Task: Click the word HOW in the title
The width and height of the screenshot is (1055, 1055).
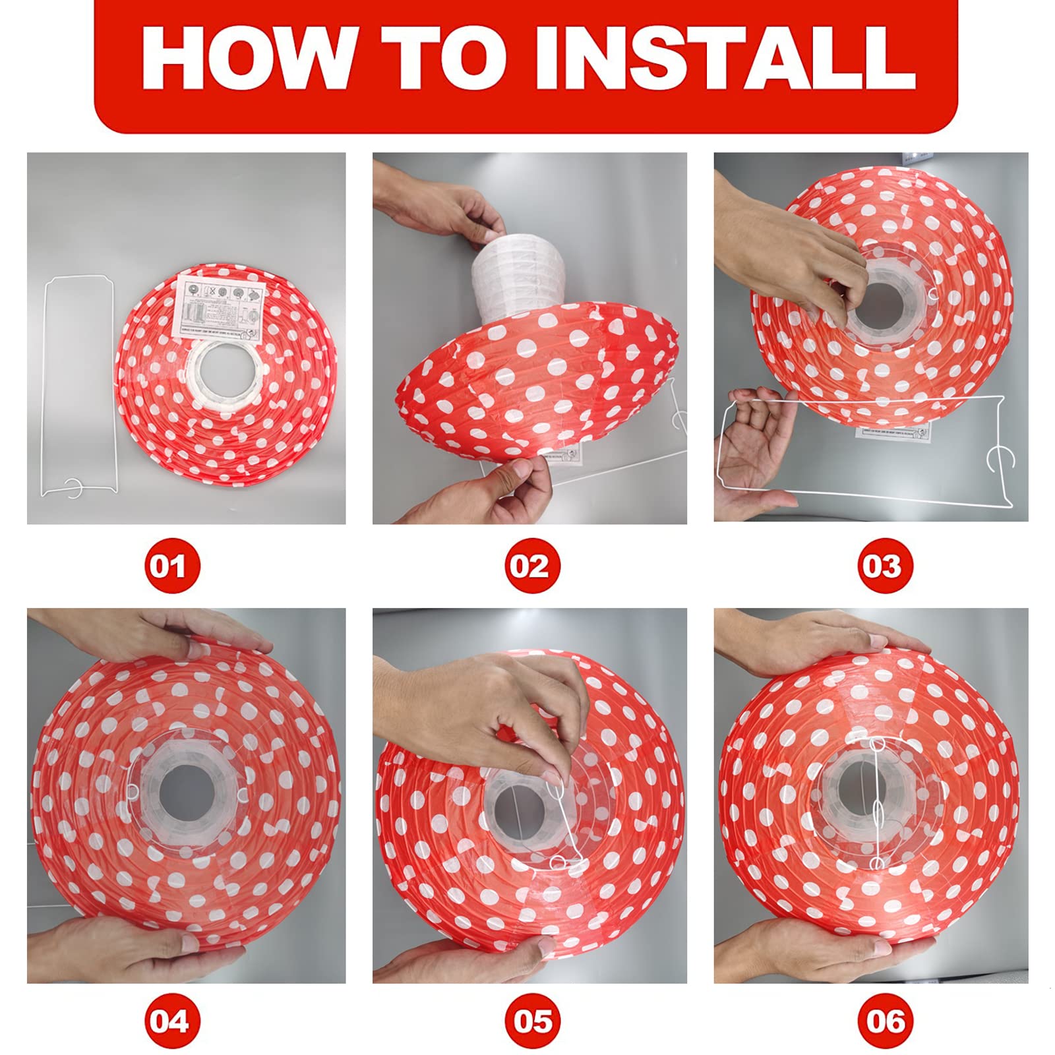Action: tap(247, 58)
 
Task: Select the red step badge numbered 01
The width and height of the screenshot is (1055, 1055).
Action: tap(172, 566)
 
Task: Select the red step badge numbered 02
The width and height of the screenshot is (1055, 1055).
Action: tap(531, 566)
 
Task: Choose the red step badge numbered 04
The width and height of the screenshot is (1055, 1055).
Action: tap(172, 1021)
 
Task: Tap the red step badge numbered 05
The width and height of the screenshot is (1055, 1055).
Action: tap(531, 1021)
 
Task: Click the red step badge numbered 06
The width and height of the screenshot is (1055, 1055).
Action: tap(884, 1021)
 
